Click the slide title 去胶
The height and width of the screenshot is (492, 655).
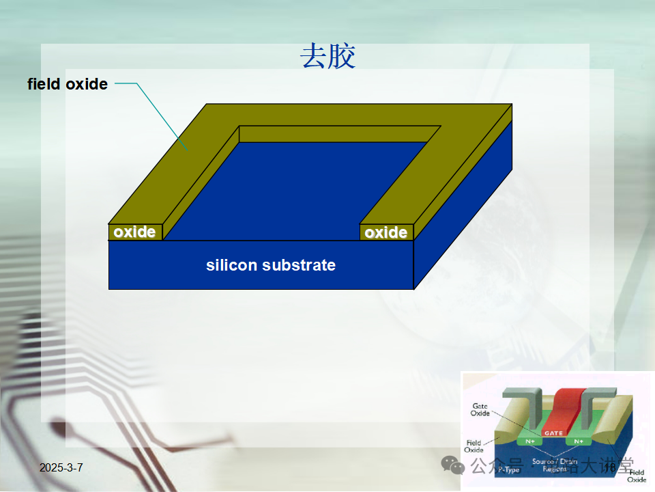[x=328, y=57]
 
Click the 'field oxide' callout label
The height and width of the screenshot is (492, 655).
[x=68, y=84]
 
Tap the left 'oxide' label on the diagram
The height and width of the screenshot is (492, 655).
[x=134, y=232]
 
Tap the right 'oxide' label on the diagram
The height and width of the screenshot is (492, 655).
[x=385, y=233]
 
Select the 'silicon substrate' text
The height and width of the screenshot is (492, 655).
[x=271, y=265]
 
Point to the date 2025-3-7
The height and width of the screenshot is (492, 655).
[x=61, y=467]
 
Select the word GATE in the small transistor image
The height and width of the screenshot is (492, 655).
[x=551, y=433]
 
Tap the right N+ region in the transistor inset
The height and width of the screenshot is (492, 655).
[x=578, y=441]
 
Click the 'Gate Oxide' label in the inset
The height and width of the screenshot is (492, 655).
[x=480, y=409]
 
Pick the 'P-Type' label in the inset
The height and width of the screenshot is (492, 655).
[x=508, y=469]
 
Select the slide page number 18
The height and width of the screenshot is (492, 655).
[x=610, y=467]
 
